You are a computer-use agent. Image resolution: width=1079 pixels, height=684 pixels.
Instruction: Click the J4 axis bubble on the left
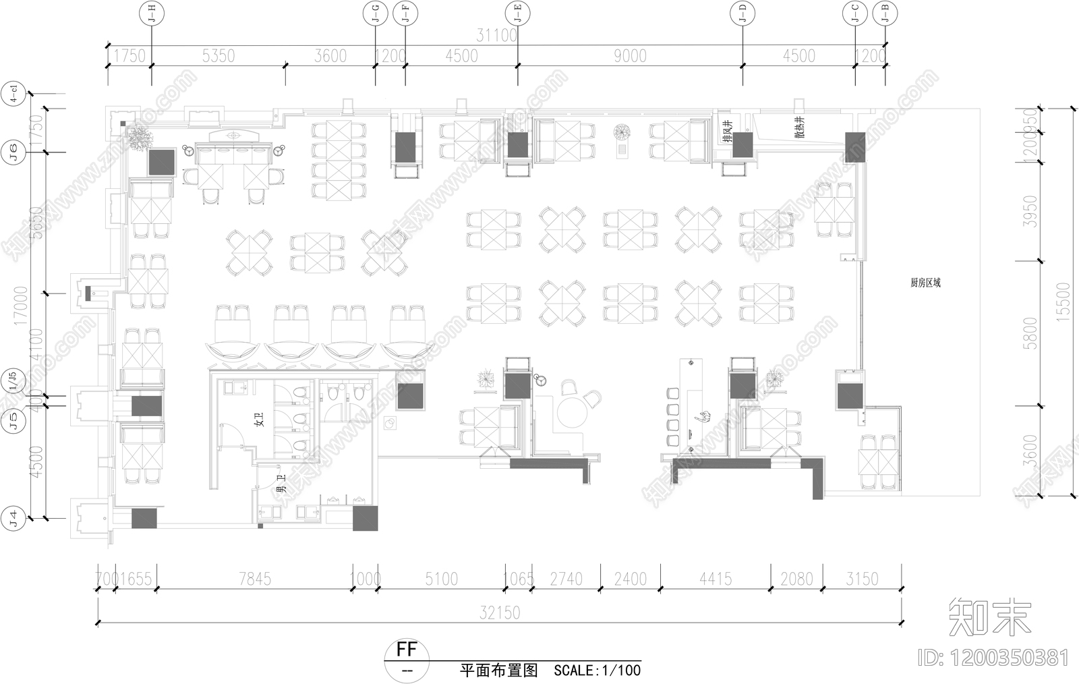coord(13,518)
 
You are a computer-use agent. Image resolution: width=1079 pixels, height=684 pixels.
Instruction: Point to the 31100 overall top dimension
coord(496,35)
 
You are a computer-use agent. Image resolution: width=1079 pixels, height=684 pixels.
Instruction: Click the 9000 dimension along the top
coord(630,56)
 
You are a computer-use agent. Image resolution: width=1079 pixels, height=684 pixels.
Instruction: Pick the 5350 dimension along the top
coord(218,56)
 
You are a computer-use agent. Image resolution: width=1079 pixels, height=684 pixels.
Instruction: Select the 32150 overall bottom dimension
coord(500,612)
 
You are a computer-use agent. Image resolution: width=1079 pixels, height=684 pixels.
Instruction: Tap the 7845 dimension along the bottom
coord(255,579)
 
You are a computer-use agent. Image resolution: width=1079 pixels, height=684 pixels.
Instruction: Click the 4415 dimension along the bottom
coord(716,579)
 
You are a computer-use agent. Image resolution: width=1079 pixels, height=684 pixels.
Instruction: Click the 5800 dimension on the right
coord(1030,333)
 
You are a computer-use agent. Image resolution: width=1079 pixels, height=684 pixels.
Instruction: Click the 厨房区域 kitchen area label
coord(925,283)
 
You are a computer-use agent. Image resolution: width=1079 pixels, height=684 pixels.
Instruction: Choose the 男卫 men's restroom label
coord(281,483)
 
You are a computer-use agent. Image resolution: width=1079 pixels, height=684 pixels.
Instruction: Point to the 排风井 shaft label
coord(727,132)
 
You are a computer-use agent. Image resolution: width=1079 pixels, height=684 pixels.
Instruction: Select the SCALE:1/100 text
coord(597,671)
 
